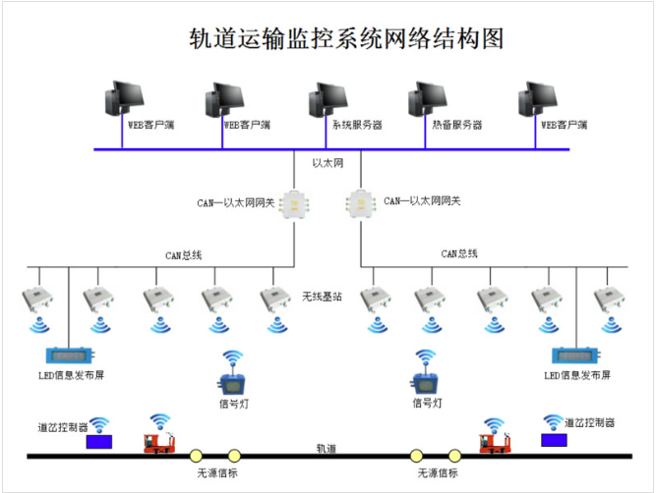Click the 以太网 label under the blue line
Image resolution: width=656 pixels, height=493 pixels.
click(327, 161)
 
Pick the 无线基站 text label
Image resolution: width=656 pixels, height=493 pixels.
click(323, 295)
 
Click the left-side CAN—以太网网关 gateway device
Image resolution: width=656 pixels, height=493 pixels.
click(294, 203)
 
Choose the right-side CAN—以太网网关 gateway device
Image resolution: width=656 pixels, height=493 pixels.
click(361, 203)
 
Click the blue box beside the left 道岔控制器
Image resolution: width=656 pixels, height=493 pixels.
click(99, 441)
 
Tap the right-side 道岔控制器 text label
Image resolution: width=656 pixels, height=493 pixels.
click(590, 423)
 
